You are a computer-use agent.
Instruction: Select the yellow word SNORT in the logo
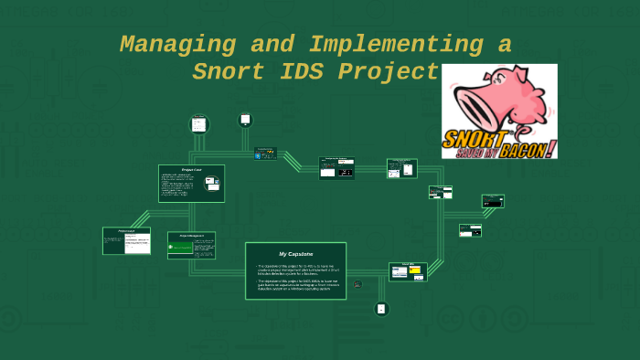(474, 139)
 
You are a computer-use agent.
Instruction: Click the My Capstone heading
(295, 253)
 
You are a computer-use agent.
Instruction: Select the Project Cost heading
(190, 170)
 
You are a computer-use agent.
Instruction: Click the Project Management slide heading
(191, 236)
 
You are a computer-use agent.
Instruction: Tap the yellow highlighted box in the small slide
(414, 270)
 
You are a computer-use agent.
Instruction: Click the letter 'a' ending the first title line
(504, 44)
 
